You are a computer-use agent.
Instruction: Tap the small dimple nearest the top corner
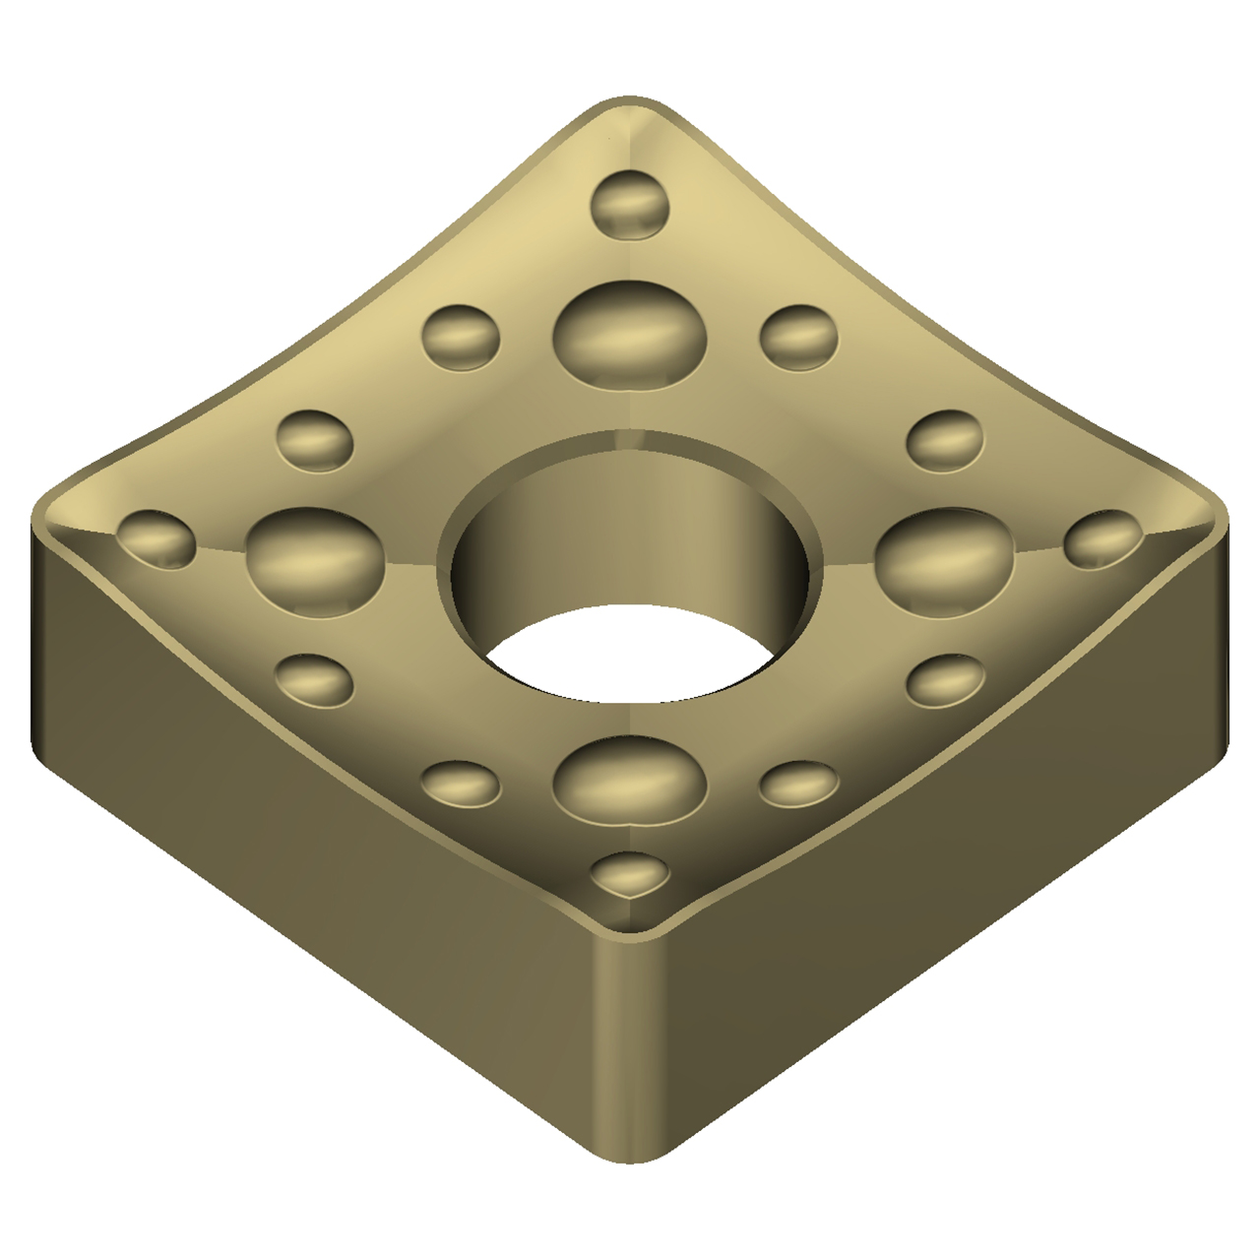point(630,207)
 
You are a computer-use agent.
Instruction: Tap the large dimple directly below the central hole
point(630,784)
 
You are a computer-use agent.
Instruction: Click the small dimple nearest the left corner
point(156,539)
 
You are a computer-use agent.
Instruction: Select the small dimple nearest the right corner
point(1103,539)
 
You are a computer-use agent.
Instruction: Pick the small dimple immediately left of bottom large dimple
point(461,784)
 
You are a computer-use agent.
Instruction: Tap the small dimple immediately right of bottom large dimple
point(798,784)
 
